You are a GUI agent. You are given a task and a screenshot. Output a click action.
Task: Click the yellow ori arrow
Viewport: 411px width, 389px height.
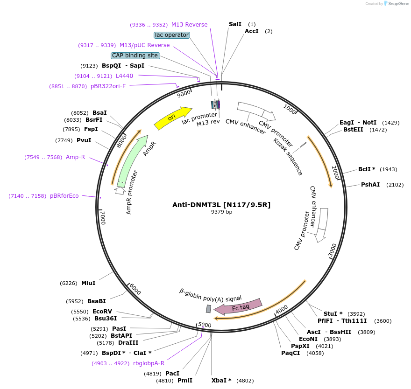pyautogui.click(x=173, y=118)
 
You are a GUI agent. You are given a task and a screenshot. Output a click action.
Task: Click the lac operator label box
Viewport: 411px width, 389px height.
pyautogui.click(x=171, y=35)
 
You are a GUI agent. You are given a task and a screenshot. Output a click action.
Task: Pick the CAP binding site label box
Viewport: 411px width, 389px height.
pyautogui.click(x=135, y=56)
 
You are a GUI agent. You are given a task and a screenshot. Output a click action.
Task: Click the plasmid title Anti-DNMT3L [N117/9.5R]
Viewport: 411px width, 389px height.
pyautogui.click(x=221, y=204)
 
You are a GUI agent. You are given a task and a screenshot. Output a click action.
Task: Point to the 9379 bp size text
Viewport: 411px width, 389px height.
pyautogui.click(x=221, y=212)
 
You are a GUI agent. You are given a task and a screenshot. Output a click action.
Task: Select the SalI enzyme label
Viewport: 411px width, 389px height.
pyautogui.click(x=235, y=24)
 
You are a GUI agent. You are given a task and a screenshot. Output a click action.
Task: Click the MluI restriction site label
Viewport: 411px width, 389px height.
pyautogui.click(x=88, y=283)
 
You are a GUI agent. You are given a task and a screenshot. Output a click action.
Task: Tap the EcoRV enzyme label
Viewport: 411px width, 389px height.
pyautogui.click(x=102, y=311)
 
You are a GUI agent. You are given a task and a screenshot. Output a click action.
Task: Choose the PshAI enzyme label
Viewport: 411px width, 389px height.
pyautogui.click(x=370, y=185)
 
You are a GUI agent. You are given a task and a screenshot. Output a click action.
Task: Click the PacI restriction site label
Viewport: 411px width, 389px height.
pyautogui.click(x=172, y=373)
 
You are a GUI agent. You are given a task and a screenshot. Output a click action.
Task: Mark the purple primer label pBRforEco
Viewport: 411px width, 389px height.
pyautogui.click(x=64, y=196)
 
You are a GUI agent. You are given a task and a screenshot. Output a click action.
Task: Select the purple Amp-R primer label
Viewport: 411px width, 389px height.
pyautogui.click(x=75, y=157)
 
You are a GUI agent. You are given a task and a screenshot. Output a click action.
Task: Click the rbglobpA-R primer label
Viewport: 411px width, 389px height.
pyautogui.click(x=149, y=363)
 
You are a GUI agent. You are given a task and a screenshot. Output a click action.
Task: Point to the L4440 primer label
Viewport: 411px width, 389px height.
pyautogui.click(x=124, y=76)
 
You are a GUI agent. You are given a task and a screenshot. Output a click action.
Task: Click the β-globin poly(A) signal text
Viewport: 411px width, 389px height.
pyautogui.click(x=211, y=295)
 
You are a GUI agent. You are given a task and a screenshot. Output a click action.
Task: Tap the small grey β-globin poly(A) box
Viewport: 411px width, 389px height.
pyautogui.click(x=208, y=309)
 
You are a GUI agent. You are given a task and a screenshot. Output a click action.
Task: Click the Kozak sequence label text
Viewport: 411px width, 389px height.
pyautogui.click(x=288, y=156)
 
